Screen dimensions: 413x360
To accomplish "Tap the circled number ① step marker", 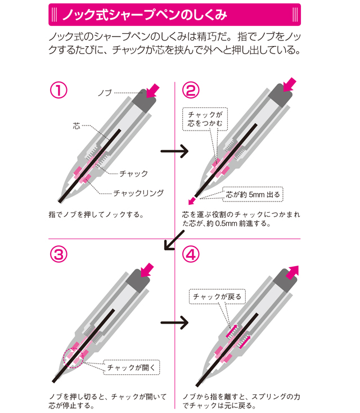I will (59, 90).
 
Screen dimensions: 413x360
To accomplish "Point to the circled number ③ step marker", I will (59, 254).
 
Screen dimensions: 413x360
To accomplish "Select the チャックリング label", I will (138, 192).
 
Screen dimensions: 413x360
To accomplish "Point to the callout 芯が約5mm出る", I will (252, 194).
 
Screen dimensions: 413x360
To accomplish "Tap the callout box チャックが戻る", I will (217, 296).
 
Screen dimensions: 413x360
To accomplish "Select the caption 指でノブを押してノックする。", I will (97, 214).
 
